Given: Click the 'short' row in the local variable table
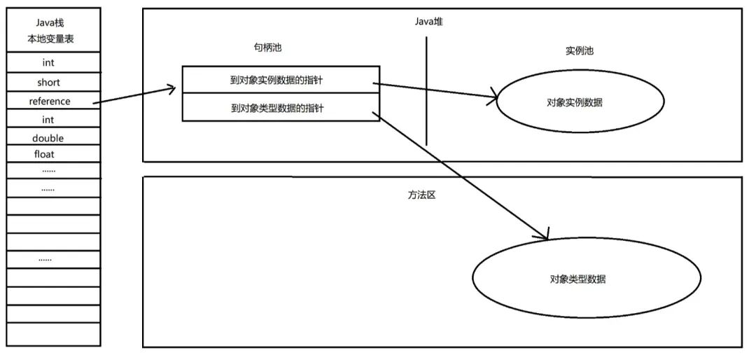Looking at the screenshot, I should [48, 82].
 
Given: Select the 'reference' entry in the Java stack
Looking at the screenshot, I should [50, 101].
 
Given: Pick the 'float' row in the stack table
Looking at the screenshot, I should [44, 154].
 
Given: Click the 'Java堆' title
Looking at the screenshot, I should [428, 22].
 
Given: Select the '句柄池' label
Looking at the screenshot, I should [267, 48].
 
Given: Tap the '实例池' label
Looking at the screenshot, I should [579, 51].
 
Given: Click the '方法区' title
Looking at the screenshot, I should [421, 195].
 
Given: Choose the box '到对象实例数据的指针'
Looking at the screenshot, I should [281, 81].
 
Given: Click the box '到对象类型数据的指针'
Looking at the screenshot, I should [281, 108].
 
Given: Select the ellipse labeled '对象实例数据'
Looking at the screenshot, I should [580, 102].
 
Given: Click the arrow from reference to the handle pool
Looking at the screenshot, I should [133, 95].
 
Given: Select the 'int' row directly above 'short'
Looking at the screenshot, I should [48, 63].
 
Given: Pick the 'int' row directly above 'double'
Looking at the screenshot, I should [48, 120].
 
